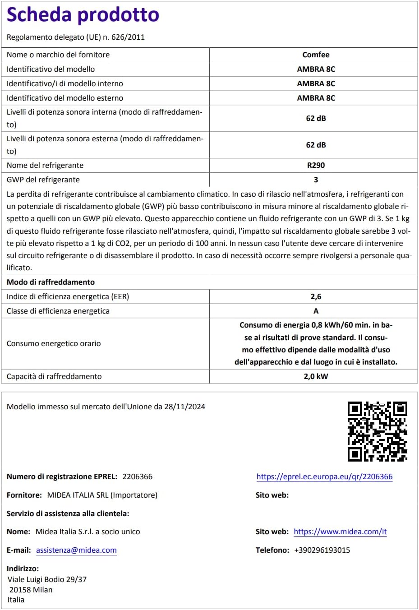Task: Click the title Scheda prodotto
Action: (x=83, y=15)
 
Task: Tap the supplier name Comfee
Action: (x=316, y=55)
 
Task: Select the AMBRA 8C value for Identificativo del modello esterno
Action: (x=316, y=98)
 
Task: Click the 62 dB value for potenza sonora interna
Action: (x=316, y=118)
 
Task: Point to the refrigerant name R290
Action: (x=316, y=165)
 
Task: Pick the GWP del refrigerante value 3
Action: (x=316, y=180)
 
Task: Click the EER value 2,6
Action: (x=316, y=296)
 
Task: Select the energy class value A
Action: (x=316, y=311)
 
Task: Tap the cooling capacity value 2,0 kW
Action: (x=316, y=376)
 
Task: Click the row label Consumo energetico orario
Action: (x=54, y=343)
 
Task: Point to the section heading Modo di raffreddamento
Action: (x=51, y=282)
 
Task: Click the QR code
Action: (x=377, y=431)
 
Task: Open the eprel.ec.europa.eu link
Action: (x=324, y=476)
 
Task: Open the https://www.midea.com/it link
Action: (x=340, y=531)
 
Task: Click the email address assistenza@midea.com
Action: (x=76, y=550)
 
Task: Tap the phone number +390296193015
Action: (x=322, y=550)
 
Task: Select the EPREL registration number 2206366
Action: (x=138, y=476)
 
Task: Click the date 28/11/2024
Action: (x=184, y=407)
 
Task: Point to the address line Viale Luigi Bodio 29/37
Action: (x=47, y=579)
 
